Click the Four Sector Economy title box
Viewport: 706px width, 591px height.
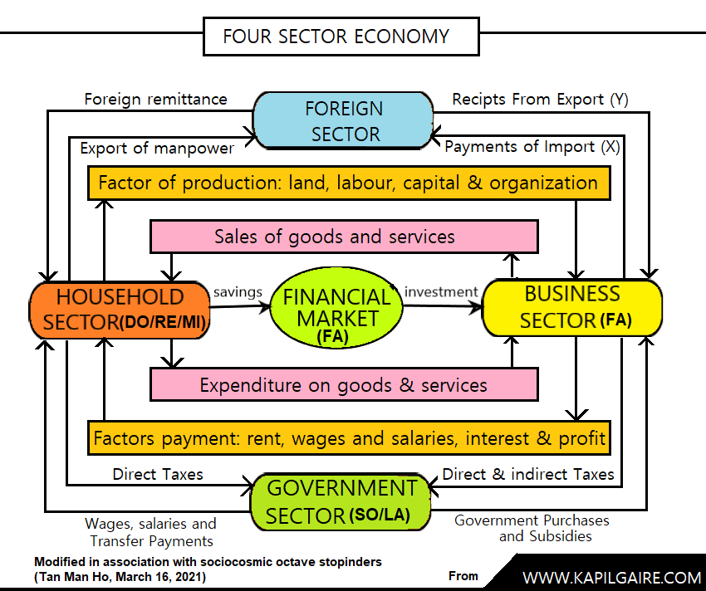click(341, 37)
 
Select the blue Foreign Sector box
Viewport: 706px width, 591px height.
click(343, 120)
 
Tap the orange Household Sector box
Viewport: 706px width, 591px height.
click(120, 310)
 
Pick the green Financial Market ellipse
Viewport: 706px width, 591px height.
click(336, 307)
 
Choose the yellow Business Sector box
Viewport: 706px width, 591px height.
click(572, 308)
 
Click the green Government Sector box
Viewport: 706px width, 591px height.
click(341, 502)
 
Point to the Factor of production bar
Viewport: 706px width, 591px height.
click(349, 183)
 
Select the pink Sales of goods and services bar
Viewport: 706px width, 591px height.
click(344, 237)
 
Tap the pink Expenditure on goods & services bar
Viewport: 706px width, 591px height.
click(344, 384)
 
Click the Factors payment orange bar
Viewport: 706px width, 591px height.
click(349, 438)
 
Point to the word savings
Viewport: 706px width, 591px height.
click(238, 292)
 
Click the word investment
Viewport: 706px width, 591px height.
click(441, 292)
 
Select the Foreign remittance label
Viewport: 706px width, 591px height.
click(156, 100)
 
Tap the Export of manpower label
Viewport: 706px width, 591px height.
click(157, 148)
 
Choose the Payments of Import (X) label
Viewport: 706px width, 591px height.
click(532, 147)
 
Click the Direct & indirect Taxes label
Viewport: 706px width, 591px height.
click(528, 474)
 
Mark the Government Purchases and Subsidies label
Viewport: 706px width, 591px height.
click(532, 528)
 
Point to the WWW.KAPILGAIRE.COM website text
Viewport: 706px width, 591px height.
click(611, 578)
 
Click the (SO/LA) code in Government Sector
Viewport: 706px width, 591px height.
click(380, 515)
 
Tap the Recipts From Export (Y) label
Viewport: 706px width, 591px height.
click(541, 100)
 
